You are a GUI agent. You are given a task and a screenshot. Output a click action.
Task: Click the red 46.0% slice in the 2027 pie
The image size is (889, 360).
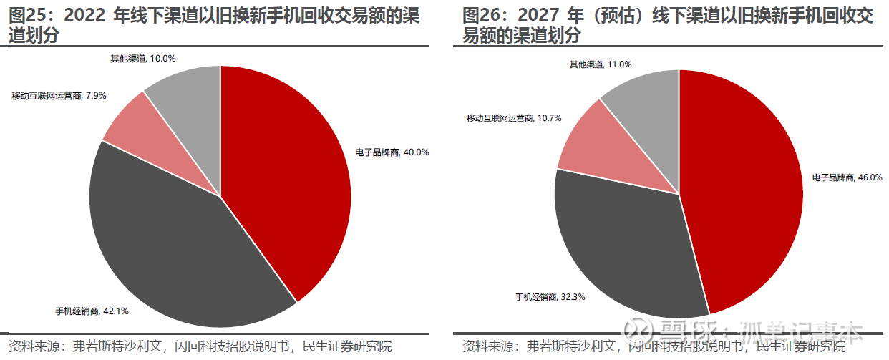744,193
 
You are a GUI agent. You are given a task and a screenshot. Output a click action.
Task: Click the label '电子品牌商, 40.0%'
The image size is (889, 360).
392,152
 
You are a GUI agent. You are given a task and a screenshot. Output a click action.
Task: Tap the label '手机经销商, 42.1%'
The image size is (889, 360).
92,311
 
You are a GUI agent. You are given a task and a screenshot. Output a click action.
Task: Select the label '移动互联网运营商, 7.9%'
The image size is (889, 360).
59,95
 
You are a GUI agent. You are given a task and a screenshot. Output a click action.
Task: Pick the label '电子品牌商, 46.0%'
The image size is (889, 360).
847,177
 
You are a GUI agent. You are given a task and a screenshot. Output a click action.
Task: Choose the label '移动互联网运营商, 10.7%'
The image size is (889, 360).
513,117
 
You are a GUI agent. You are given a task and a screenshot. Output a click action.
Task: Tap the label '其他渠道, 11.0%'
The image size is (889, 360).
600,64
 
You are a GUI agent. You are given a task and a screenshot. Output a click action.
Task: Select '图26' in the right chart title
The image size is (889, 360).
481,16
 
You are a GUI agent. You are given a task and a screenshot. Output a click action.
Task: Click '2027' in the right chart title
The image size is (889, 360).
537,16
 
